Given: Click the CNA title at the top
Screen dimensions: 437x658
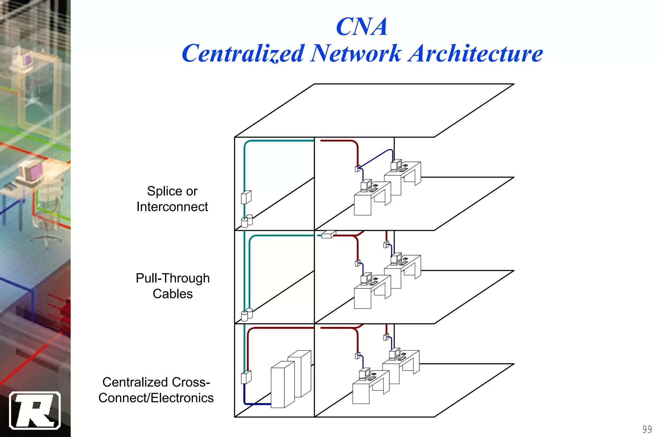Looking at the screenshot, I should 361,27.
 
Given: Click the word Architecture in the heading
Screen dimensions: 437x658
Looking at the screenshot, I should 476,54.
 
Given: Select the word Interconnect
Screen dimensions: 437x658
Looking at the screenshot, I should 172,207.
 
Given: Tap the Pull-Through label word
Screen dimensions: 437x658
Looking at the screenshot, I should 173,278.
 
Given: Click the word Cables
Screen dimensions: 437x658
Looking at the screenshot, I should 173,294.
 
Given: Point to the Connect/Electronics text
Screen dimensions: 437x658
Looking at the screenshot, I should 156,398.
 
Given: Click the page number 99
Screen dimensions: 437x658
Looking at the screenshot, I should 647,429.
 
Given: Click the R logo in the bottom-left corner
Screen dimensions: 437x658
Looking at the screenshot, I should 35,410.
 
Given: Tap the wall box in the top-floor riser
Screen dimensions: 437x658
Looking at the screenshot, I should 246,197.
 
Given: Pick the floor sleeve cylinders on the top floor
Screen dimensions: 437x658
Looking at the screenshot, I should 247,221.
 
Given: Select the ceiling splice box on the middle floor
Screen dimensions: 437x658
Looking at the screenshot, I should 328,235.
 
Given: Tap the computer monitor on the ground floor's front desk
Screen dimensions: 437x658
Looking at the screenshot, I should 364,374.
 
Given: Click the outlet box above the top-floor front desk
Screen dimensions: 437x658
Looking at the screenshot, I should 357,169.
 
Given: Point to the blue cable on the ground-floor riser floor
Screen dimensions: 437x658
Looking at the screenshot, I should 257,404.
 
